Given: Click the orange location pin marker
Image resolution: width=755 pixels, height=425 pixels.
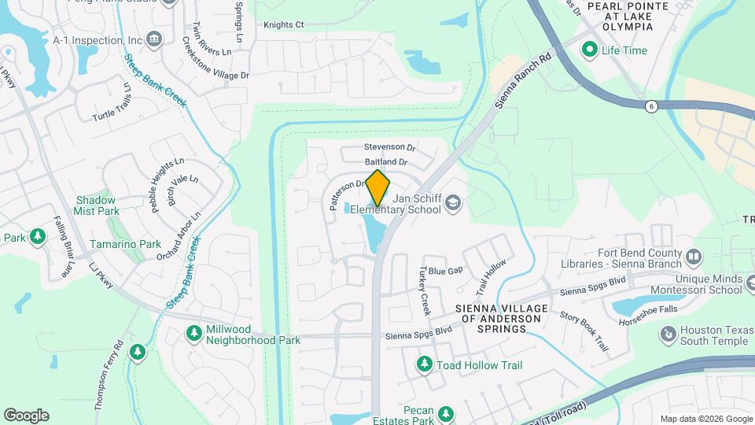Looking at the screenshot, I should [377, 187].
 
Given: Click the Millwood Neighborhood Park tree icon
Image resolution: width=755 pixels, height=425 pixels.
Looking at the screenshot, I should [193, 334].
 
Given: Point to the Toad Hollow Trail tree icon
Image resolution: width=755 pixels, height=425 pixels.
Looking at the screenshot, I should [425, 364].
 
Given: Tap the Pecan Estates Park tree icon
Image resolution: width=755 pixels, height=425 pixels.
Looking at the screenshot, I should [445, 413].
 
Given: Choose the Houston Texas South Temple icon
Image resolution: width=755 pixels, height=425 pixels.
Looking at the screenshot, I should [668, 335].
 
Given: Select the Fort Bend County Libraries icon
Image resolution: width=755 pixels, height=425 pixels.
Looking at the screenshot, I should [693, 257].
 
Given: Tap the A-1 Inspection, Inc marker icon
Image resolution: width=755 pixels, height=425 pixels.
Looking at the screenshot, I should [154, 39].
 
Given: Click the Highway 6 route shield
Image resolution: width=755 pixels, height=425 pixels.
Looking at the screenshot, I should [650, 106].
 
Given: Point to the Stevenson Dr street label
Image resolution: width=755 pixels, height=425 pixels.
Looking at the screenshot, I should [389, 147].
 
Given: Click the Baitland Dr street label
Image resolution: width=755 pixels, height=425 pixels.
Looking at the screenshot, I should [386, 162].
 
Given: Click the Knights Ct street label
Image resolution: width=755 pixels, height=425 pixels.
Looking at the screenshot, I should [283, 25].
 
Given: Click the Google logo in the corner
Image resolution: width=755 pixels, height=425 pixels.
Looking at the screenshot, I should [26, 416].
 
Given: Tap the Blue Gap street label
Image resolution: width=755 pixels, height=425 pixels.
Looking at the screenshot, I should [445, 270].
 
